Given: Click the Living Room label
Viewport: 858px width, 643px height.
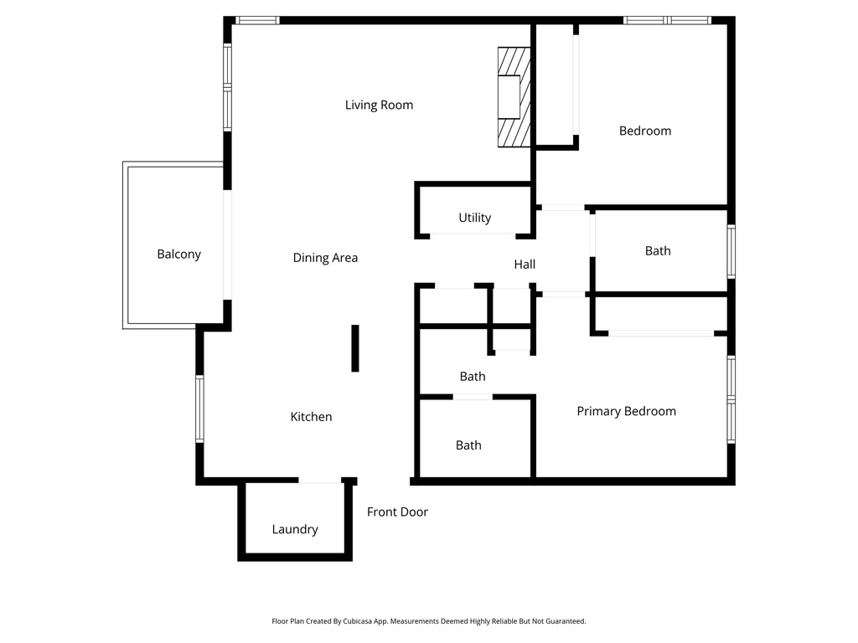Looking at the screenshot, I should point(379,105).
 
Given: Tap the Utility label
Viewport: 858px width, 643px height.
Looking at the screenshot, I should point(474,218).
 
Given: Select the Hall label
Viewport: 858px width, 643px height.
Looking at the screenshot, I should point(525,265).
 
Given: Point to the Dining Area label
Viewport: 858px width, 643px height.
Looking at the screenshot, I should point(325,258).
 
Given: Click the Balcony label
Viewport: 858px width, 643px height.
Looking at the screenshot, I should point(178,255).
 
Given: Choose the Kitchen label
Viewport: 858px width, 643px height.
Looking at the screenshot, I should point(311,417).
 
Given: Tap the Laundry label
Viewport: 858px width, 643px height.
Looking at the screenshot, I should point(295,529).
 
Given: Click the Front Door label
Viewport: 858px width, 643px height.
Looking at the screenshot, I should point(397,512).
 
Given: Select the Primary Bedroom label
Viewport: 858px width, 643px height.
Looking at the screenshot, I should point(626,411).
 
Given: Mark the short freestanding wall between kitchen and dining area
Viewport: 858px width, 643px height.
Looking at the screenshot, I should point(355,348).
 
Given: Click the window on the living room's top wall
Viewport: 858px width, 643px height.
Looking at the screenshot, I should point(257,20).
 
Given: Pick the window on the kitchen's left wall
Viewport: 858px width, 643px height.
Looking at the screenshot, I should point(200,409).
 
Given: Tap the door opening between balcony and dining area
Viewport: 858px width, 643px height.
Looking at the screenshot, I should point(226,244).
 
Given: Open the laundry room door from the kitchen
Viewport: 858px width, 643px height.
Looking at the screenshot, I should point(320,481).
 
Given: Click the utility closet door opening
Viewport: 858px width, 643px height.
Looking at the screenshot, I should point(473,234).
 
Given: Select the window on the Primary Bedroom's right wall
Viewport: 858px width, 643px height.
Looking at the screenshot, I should point(731,399).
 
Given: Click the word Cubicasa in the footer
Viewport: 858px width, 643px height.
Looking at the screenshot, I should point(361,621).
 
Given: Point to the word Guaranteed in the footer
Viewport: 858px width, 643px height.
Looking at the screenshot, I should point(566,621).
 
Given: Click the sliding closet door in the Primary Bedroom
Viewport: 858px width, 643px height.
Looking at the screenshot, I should point(661,333).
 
